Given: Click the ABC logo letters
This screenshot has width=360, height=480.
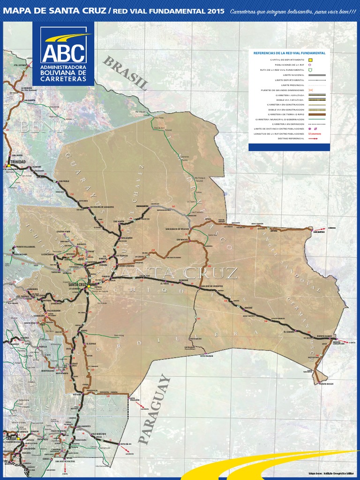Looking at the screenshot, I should pos(63,53).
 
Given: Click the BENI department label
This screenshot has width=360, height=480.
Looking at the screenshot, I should pos(41,127).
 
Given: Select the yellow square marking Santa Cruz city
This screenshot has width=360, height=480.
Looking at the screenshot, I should pos(88,285).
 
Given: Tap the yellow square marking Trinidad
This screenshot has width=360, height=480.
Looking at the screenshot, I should pos(9,165).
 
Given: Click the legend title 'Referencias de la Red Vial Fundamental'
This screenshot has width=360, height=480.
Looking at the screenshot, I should pos(289,53).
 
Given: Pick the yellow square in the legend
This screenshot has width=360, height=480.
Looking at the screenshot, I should pos(310,60).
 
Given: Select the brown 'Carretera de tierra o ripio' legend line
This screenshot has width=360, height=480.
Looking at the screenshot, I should pos(310,114).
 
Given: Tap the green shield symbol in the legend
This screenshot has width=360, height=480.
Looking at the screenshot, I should pos(310,70).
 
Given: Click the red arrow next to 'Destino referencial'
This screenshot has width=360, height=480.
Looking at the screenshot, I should pos(310,139).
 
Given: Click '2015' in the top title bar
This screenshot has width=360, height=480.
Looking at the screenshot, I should pos(215,11).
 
